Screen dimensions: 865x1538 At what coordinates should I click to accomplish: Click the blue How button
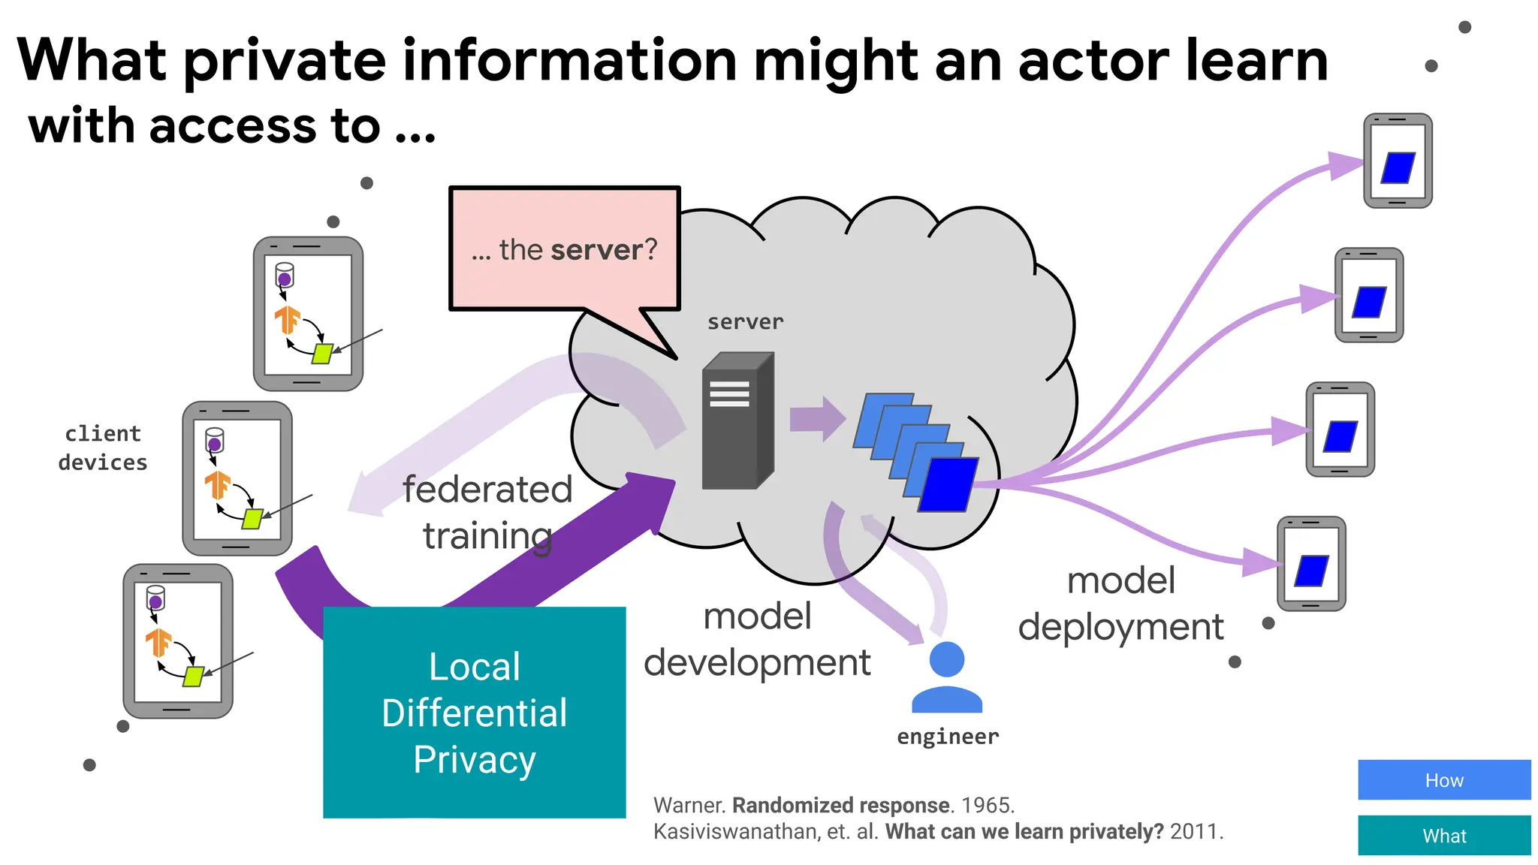click(1443, 779)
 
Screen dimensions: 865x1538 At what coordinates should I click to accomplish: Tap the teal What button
click(1443, 835)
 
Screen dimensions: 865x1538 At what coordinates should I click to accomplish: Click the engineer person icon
click(946, 677)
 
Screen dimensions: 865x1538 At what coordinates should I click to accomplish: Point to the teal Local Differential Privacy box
click(474, 712)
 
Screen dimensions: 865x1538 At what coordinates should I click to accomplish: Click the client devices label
click(103, 448)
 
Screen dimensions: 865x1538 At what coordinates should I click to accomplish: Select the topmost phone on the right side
click(1397, 161)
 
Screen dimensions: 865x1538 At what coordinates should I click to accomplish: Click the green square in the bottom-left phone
click(194, 676)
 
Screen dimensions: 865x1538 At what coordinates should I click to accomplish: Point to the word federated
click(487, 490)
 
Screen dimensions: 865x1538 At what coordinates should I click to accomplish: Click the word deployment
click(1120, 627)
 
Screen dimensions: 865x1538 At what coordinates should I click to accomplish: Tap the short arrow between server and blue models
click(816, 419)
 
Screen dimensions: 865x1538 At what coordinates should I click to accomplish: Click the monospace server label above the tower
click(745, 322)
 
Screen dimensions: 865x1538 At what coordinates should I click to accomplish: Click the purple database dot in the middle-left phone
click(214, 445)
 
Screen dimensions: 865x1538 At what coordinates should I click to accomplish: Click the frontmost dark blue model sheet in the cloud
click(948, 484)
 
